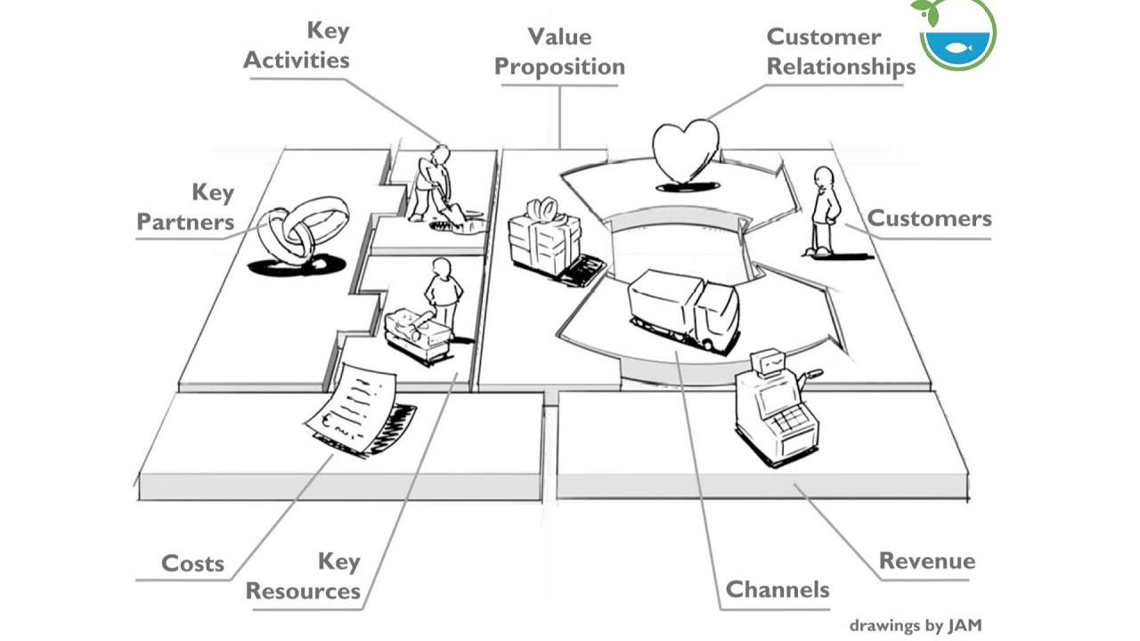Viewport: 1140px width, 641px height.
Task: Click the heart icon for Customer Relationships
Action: point(684,152)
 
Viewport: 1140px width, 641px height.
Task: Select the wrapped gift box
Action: point(544,240)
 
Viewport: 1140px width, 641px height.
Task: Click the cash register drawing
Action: point(774,404)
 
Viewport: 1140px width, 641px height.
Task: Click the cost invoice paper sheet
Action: point(357,407)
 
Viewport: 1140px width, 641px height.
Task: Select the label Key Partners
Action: point(187,207)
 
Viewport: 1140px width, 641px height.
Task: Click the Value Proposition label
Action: point(559,52)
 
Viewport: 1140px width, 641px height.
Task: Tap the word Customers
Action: point(929,219)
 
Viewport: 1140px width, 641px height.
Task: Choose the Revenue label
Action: point(926,561)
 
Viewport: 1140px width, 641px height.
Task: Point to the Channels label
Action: point(778,589)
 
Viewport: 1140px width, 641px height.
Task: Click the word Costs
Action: point(192,564)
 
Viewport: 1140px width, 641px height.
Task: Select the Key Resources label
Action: point(304,576)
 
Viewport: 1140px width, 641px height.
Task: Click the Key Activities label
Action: point(297,45)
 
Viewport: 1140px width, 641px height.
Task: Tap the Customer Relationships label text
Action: point(840,52)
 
